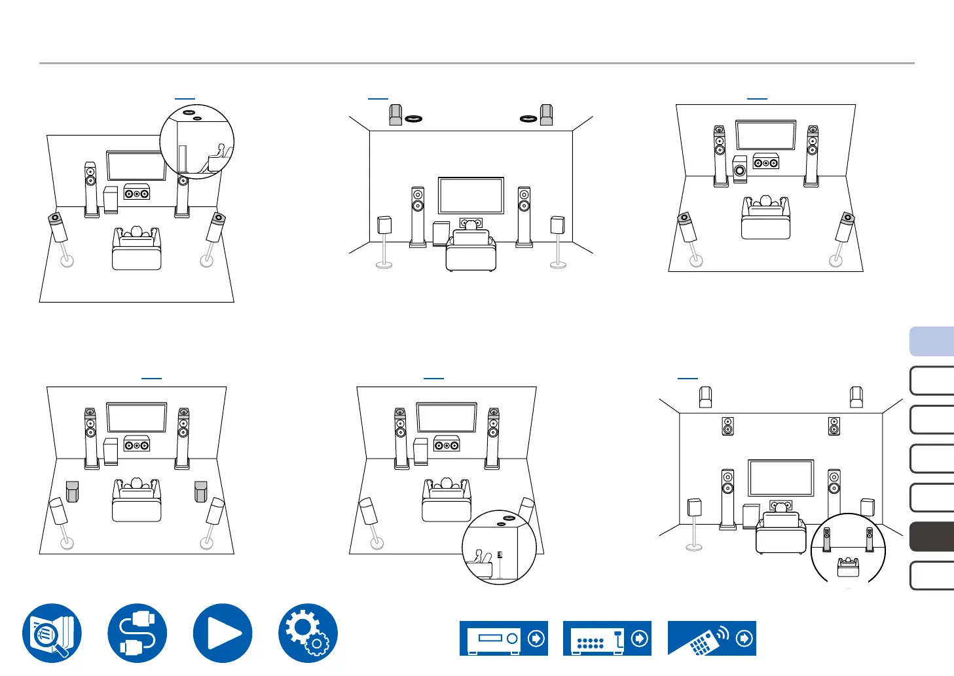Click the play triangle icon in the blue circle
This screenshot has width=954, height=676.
click(x=223, y=633)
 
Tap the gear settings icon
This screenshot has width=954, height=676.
click(x=308, y=633)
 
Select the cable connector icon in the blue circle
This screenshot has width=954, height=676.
click(x=138, y=633)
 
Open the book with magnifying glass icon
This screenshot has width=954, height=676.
click(x=52, y=633)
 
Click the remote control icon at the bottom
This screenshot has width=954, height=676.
click(x=712, y=638)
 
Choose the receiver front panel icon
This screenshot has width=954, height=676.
click(x=504, y=638)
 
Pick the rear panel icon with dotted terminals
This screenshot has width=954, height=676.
click(x=607, y=638)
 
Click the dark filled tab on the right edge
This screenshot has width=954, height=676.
click(x=932, y=536)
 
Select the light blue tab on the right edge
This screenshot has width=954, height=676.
click(x=932, y=342)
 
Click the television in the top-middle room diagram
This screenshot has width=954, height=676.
click(x=471, y=195)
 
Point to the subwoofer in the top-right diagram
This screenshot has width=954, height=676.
click(x=740, y=170)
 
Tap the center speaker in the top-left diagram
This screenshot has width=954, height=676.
click(x=137, y=193)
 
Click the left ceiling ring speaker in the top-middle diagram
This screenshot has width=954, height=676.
click(x=413, y=119)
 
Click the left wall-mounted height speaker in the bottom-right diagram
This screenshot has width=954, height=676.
click(x=727, y=426)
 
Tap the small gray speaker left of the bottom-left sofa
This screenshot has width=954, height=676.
click(x=72, y=491)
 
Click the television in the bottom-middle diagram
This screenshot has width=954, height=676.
click(x=447, y=417)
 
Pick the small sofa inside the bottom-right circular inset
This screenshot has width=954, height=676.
click(x=848, y=567)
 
